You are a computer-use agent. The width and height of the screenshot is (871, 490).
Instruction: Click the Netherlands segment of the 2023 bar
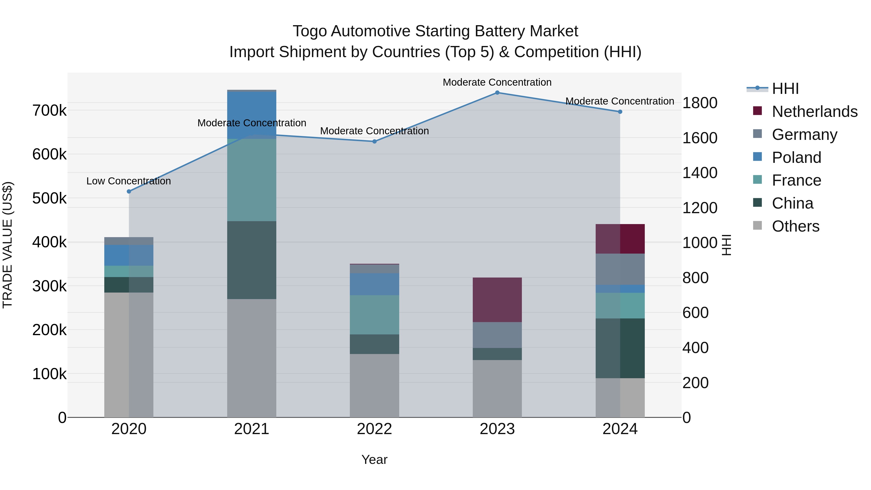pos(497,300)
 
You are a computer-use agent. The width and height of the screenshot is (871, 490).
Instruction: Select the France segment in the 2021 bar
pos(252,180)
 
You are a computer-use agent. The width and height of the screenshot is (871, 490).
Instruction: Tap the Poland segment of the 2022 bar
pos(374,284)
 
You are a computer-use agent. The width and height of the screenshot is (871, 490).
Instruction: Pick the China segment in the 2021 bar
pos(252,260)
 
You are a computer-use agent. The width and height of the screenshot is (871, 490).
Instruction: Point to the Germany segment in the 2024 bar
pos(620,269)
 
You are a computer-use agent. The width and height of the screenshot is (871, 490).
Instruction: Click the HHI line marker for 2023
pos(497,93)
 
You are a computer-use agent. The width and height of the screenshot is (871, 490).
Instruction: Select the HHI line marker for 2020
pos(129,191)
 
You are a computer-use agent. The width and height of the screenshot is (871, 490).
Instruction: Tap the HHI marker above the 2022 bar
pos(374,141)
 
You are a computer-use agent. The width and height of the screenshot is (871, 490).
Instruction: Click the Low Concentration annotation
pos(128,181)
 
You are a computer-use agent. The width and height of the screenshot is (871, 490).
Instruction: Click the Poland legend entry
pos(796,158)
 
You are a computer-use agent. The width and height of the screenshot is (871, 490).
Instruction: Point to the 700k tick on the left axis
pos(49,111)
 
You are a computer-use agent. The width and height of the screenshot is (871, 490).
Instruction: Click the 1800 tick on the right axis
pos(699,103)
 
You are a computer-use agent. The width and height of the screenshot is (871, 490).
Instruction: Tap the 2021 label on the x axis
pos(252,429)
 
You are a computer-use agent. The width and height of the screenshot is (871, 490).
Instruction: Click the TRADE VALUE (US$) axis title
pos(8,245)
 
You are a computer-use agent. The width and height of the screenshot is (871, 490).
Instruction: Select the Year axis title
pos(374,460)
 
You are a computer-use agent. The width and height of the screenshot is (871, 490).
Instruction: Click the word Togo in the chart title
pos(309,31)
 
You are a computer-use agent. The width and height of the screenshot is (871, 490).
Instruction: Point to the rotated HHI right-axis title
pos(726,245)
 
